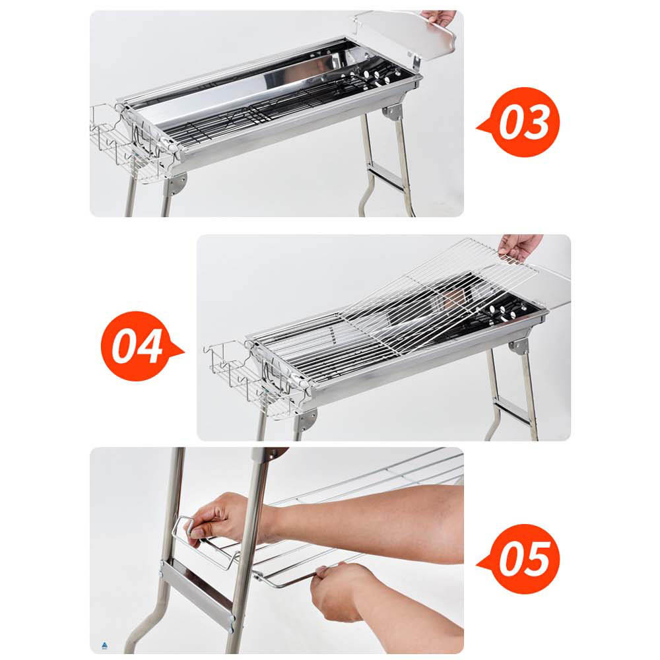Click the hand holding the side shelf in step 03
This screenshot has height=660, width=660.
440,17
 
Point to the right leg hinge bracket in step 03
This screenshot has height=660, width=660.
393,112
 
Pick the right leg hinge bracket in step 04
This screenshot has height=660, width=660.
519,346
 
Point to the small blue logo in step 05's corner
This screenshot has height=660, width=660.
105,645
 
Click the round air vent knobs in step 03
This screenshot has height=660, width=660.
376,77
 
